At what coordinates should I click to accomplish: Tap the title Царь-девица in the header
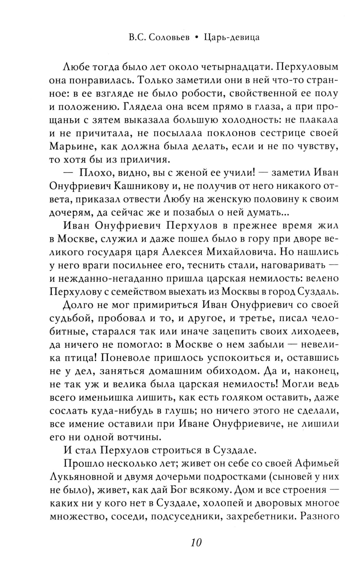[231, 37]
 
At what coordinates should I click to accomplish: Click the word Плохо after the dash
[94, 172]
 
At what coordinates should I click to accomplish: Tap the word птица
[77, 357]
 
